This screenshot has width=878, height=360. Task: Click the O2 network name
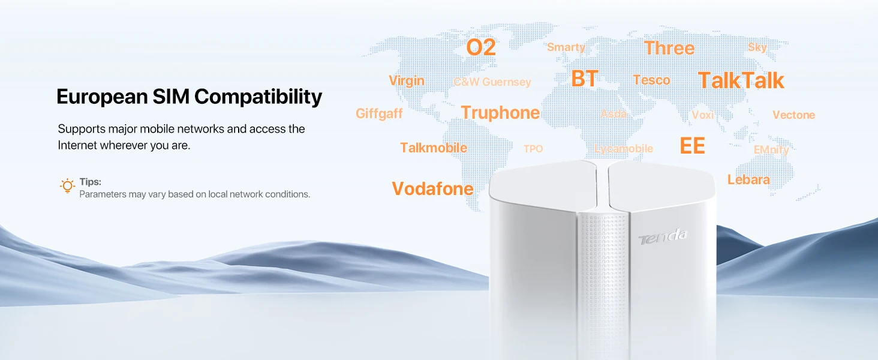[x=481, y=47]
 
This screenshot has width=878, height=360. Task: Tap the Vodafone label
[x=433, y=188]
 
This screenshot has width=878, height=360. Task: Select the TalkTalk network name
[x=741, y=80]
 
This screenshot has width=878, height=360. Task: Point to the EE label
[x=692, y=146]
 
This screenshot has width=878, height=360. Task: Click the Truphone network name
[x=500, y=113]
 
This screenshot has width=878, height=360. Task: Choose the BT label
[x=584, y=79]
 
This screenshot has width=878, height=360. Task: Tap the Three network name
[x=669, y=48]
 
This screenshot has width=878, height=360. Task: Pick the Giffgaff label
[x=379, y=114]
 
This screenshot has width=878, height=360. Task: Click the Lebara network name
[x=748, y=179]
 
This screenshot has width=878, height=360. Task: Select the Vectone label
[x=793, y=115]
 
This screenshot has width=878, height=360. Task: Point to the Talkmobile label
[x=434, y=148]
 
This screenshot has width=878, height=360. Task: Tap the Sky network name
[x=757, y=47]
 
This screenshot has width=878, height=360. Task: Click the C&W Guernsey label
[x=492, y=82]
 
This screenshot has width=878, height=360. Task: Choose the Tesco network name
[x=651, y=80]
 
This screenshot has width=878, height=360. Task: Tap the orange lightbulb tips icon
[x=67, y=186]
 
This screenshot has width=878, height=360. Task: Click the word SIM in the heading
[x=171, y=97]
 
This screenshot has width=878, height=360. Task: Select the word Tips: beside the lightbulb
[x=90, y=182]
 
